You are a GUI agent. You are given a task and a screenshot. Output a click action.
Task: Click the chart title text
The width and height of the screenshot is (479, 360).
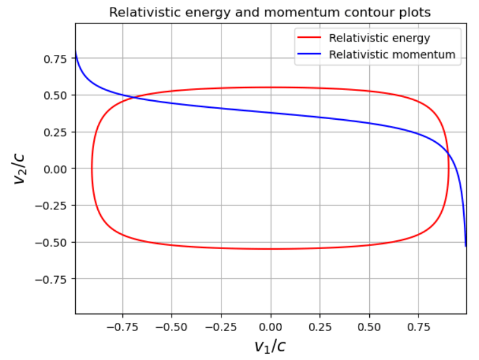pos(270,13)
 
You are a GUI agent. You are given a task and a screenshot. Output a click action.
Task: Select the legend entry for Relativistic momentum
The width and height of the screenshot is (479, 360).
pos(392,55)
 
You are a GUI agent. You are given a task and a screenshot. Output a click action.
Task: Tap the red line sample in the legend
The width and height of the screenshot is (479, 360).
pos(310,38)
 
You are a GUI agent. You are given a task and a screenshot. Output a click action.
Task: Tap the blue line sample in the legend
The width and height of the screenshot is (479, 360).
pos(310,55)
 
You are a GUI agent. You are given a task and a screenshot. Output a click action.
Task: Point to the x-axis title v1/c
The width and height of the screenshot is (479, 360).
pos(270,345)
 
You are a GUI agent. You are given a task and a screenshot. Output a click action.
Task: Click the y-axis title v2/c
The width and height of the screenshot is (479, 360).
pos(21,168)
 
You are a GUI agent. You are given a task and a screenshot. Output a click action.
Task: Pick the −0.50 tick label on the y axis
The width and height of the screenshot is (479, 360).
pos(54,242)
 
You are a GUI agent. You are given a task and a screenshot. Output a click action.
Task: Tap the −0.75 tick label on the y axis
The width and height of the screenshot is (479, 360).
pos(54,279)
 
